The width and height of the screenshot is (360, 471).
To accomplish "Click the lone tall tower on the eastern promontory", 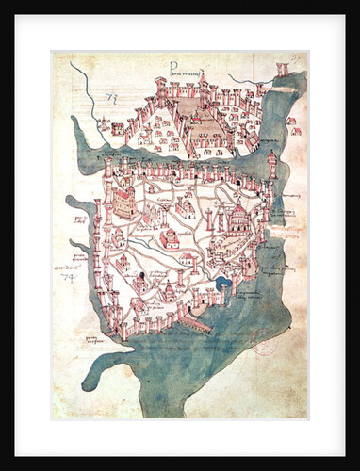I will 273,167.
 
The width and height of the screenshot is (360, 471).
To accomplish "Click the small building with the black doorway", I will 139,280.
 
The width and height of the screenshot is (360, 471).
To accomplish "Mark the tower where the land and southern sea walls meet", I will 123,329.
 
